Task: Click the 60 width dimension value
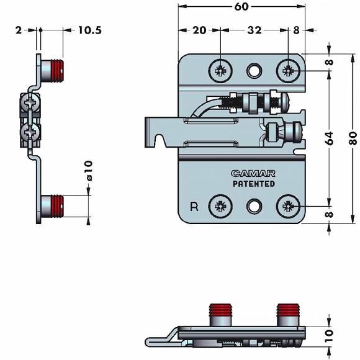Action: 241,7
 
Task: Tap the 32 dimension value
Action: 254,30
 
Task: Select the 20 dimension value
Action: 199,30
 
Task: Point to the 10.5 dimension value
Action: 90,30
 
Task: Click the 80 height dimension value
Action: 353,138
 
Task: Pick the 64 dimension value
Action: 329,138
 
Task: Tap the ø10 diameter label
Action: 89,171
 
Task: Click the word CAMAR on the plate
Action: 253,174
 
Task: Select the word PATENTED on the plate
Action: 254,184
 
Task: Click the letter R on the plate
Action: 194,207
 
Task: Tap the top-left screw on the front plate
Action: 220,71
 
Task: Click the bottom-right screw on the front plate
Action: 288,206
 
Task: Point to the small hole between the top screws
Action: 254,71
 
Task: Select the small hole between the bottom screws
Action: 254,206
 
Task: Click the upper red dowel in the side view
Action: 57,70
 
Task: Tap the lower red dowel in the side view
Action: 57,205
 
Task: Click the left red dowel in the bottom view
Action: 220,310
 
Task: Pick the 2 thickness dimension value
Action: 19,30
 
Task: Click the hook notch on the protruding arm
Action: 160,140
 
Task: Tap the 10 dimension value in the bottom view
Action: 329,336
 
